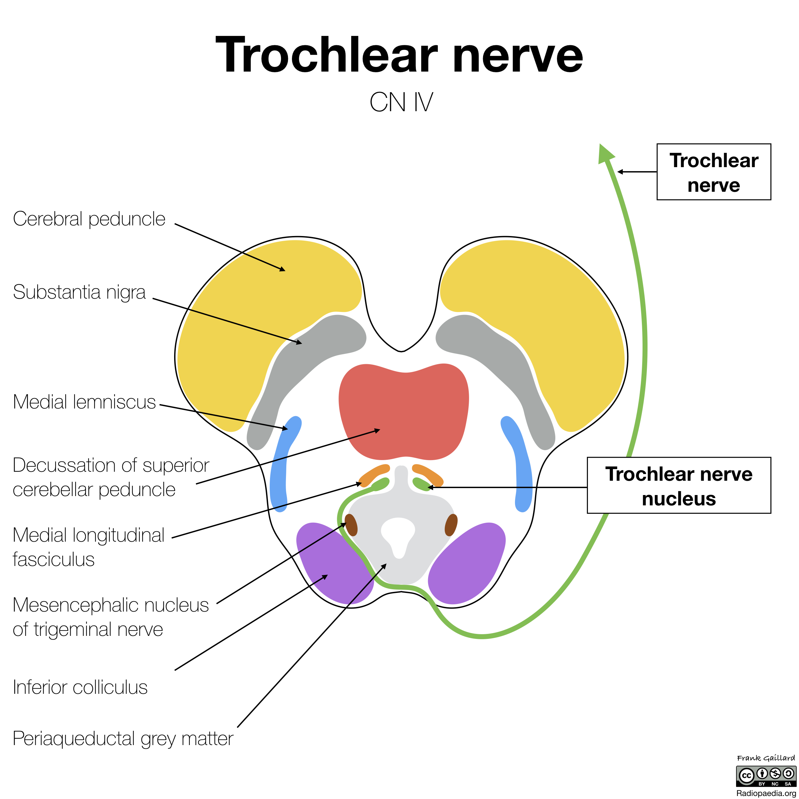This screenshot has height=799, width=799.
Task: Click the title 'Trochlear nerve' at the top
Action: point(399,55)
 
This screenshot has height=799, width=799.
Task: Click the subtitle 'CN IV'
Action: point(401,102)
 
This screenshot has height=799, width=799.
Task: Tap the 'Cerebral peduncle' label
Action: point(89,219)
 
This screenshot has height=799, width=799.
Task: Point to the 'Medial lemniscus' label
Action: point(84,402)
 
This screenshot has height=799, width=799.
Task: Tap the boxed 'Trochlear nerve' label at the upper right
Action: point(713,172)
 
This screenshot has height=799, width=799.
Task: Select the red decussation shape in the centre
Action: point(403,411)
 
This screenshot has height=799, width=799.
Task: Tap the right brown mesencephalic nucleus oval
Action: point(451,525)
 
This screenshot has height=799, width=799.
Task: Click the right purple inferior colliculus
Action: point(467,562)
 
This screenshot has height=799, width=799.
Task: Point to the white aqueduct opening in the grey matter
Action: point(398,533)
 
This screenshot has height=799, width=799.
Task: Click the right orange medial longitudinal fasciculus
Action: point(428,474)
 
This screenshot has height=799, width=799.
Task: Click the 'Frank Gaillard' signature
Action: point(765,758)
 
